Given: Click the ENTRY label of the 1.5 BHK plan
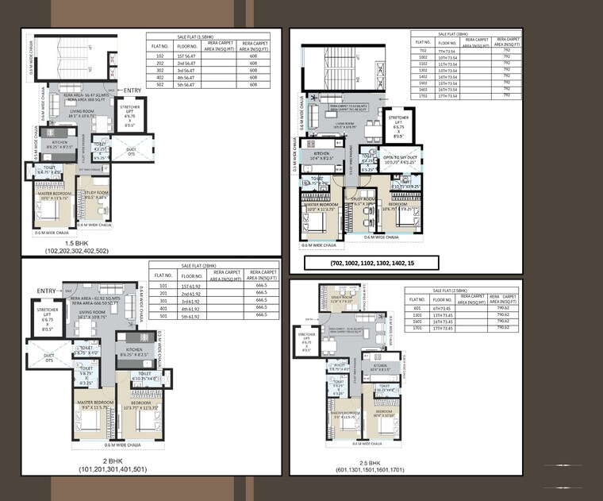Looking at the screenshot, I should click(133, 91).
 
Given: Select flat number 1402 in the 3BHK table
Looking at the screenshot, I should click(424, 76).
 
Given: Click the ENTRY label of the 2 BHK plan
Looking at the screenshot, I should click(47, 291).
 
